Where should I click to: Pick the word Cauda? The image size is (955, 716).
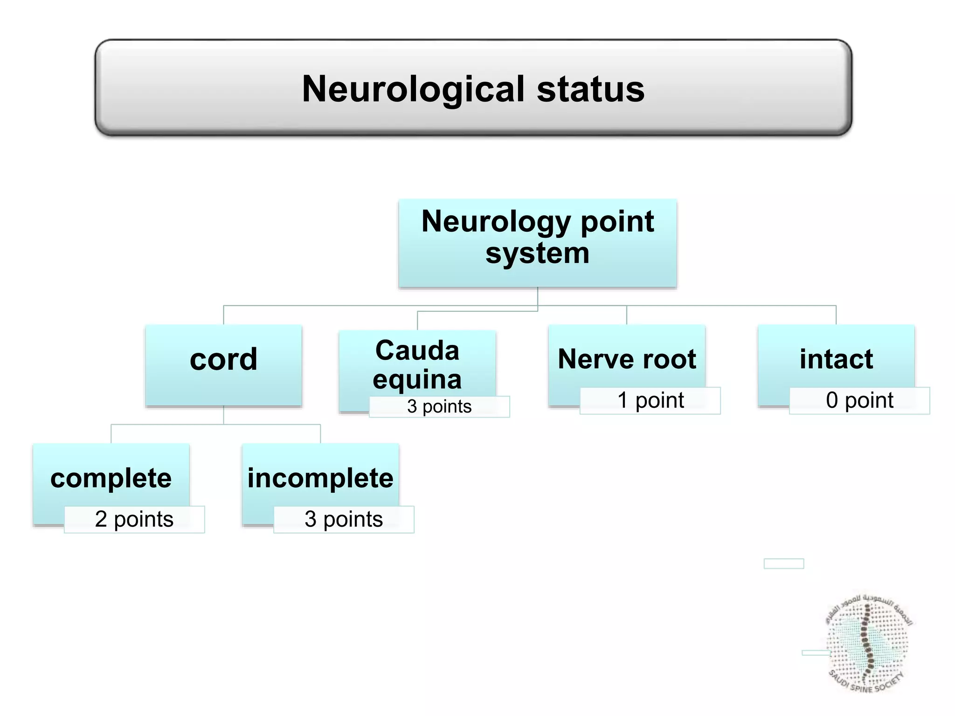coord(417,351)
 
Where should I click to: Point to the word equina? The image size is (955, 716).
coord(417,379)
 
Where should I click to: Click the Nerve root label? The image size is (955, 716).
coord(626,359)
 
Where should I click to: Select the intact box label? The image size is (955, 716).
coord(836,359)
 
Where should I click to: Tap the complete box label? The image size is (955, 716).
coord(111,478)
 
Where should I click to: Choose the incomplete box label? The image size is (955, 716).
coord(320,478)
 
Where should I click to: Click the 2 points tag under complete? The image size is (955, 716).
coord(134,519)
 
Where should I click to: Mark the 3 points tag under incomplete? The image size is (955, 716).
coord(344,519)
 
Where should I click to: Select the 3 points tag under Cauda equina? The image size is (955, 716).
coord(439,406)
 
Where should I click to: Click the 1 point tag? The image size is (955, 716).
coord(650,400)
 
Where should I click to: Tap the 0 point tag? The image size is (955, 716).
coord(859,400)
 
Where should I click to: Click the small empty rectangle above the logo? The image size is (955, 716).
coord(783,564)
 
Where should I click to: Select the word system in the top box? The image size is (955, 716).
coord(537,254)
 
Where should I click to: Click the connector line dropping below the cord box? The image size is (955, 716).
coord(223,415)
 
